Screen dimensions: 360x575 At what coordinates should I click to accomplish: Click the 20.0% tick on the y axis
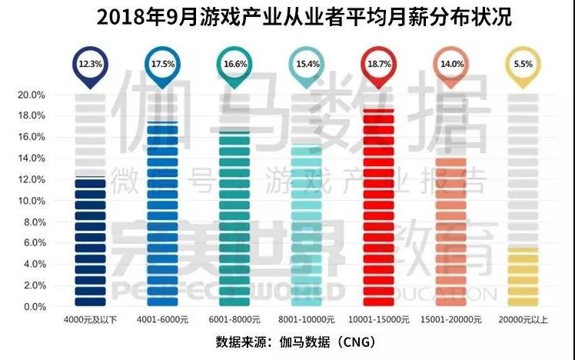[x=31, y=95]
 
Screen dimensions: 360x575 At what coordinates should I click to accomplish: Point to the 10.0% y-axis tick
[x=31, y=201]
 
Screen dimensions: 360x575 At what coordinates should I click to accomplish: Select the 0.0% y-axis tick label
[x=33, y=307]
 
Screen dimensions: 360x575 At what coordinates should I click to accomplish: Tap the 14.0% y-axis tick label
[x=31, y=158]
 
